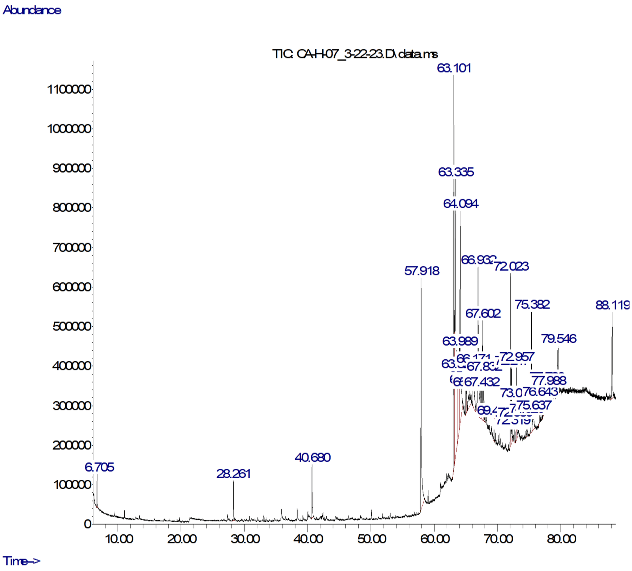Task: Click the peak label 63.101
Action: point(454,68)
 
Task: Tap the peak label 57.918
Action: point(421,271)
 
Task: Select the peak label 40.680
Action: point(312,458)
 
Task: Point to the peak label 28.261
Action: point(233,474)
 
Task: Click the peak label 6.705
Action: point(99,468)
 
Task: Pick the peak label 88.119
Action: point(612,305)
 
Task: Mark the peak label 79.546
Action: point(559,339)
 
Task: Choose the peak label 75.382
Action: point(532,304)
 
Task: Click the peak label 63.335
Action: point(456,172)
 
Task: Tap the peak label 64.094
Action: point(461,204)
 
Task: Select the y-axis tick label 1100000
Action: point(69,90)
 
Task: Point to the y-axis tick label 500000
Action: point(72,327)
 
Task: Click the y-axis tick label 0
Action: point(88,524)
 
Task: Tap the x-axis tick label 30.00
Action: point(245,539)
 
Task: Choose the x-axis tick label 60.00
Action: point(435,539)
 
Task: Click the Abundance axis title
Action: point(32,10)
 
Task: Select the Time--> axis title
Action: point(21,561)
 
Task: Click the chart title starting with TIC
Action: point(355,54)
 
